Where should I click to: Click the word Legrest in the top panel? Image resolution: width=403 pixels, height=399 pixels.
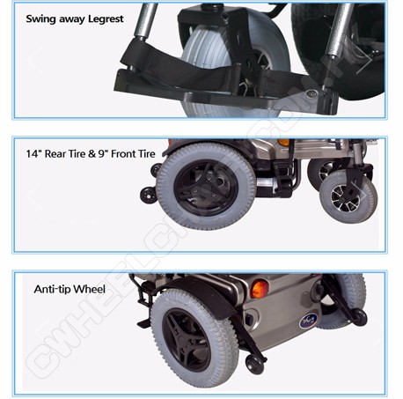[106, 19]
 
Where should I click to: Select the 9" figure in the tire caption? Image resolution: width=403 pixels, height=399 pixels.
[103, 153]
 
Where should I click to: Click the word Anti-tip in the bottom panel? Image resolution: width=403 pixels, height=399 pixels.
[52, 289]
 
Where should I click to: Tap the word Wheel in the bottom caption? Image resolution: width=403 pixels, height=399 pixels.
[89, 289]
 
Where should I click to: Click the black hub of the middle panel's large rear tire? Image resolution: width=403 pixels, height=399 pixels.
[206, 188]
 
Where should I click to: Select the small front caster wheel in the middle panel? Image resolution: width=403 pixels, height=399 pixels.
[348, 197]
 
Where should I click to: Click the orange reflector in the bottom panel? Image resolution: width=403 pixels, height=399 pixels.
[260, 289]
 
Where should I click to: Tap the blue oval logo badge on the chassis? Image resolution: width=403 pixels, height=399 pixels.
[308, 321]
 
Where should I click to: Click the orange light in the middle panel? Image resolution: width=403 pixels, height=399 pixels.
[283, 143]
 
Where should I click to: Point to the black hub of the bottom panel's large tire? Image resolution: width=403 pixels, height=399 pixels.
[187, 341]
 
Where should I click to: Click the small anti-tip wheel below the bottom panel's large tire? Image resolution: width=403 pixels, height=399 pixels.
[254, 364]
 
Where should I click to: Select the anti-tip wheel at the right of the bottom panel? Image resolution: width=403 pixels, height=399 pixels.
[360, 317]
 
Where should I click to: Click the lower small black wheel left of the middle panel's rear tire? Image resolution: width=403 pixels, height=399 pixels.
[149, 195]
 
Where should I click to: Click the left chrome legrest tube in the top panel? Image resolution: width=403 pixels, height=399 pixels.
[146, 20]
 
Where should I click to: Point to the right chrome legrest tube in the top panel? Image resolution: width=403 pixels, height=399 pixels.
[341, 29]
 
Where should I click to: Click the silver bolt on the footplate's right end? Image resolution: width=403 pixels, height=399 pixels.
[311, 94]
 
